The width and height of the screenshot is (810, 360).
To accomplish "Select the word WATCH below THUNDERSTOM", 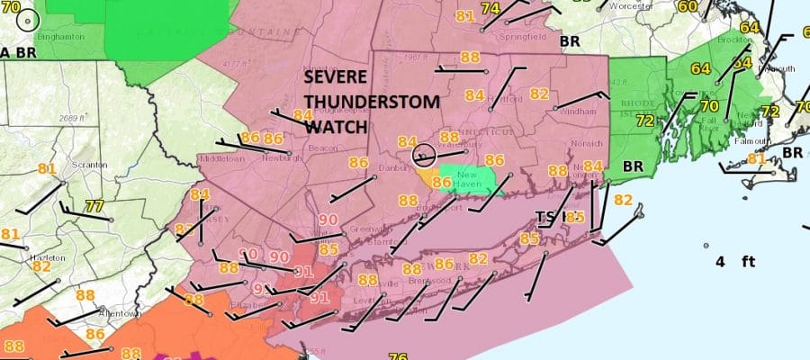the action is point(335,127).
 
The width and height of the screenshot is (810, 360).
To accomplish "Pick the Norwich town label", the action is point(586,143).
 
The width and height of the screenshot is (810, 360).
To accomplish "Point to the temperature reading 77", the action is point(94,206).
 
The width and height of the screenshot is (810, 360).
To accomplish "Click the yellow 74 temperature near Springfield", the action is point(490,8).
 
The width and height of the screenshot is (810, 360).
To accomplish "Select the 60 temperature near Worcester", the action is point(687,7).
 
